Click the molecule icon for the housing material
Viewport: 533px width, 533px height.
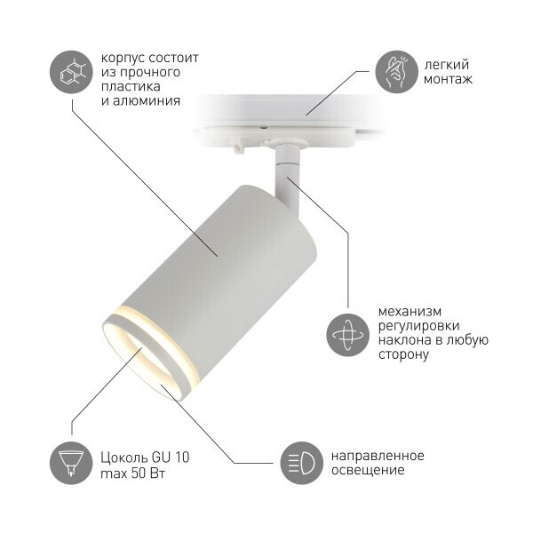click(x=71, y=72)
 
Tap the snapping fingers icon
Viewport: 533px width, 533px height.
click(x=396, y=72)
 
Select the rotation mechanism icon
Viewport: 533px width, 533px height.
click(x=347, y=335)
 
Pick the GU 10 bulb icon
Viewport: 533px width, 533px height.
click(x=71, y=463)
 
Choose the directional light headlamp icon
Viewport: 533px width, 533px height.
click(x=301, y=463)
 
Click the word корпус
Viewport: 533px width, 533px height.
click(x=123, y=59)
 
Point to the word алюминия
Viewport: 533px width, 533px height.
click(x=147, y=101)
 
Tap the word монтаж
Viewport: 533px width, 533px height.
click(x=448, y=79)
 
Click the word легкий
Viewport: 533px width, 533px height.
click(x=447, y=65)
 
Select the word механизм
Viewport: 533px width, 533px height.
click(x=410, y=312)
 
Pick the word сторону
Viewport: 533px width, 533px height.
click(x=403, y=354)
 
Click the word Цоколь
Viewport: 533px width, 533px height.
click(x=123, y=457)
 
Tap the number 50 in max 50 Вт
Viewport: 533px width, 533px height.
click(x=138, y=473)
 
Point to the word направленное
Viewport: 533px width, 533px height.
click(x=378, y=457)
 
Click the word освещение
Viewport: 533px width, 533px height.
click(x=368, y=471)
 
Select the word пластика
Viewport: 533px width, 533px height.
click(x=131, y=86)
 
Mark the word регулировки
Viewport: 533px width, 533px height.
click(x=418, y=326)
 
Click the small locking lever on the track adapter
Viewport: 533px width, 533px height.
click(x=239, y=147)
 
